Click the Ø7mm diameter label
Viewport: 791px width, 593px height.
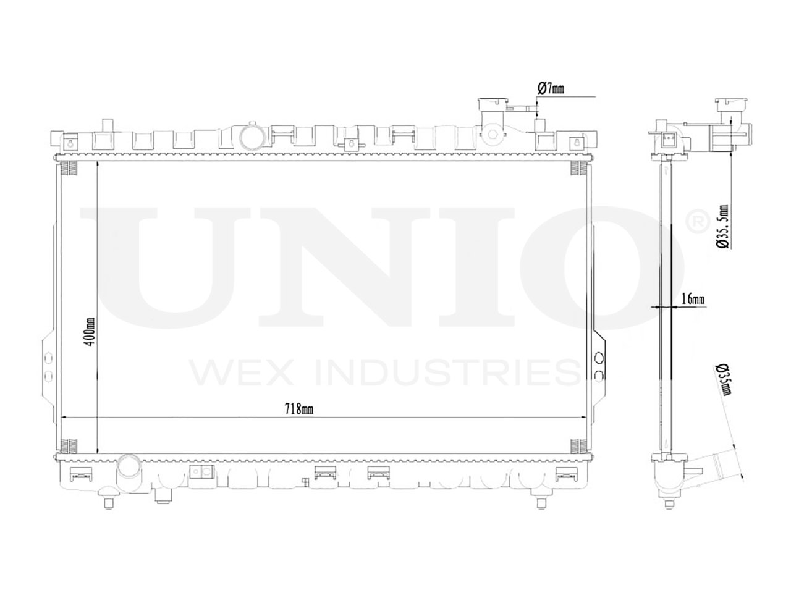(551, 88)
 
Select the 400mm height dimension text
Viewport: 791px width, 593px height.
(91, 331)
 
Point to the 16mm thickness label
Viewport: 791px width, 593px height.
(693, 300)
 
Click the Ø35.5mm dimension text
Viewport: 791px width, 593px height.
(722, 227)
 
